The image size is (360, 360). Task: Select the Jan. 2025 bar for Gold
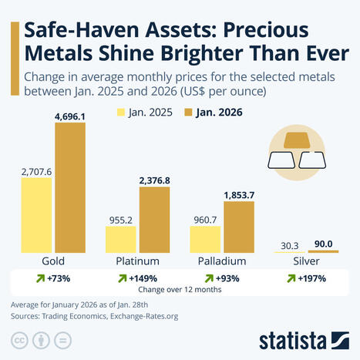(x=36, y=216)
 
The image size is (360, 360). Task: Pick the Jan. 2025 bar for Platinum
(x=120, y=239)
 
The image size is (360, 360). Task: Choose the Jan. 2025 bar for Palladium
(x=205, y=239)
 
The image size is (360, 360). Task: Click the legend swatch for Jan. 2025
(x=122, y=111)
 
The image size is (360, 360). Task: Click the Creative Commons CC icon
(x=18, y=340)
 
